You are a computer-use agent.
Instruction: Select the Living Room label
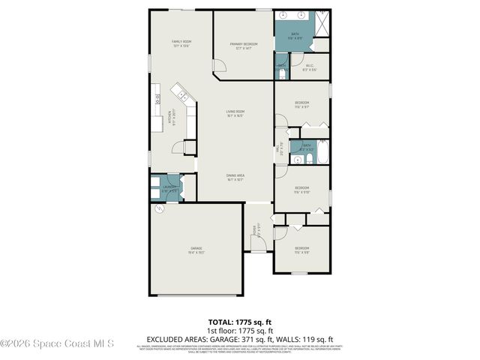click(x=235, y=113)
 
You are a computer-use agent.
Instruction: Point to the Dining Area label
click(x=236, y=176)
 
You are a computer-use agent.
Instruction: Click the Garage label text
click(x=196, y=250)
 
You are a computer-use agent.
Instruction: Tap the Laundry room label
click(x=169, y=188)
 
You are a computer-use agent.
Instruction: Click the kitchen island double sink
click(x=181, y=94)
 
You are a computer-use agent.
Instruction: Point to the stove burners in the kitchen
click(x=157, y=97)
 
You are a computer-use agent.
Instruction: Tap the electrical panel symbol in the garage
click(x=158, y=212)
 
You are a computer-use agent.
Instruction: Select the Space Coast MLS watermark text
click(x=57, y=345)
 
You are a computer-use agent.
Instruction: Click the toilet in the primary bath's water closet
click(x=281, y=68)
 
